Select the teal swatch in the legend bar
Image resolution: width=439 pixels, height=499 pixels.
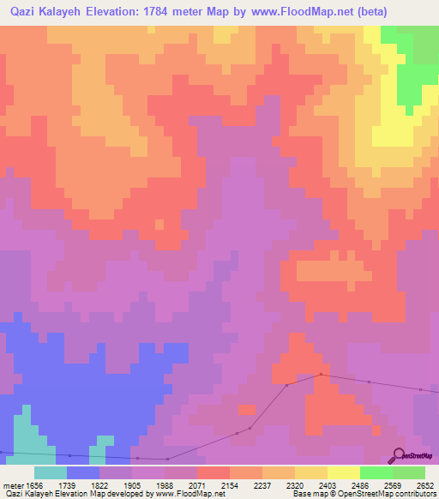coord(51,472)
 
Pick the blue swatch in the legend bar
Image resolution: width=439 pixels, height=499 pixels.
coord(83,472)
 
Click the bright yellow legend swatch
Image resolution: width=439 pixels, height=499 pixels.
coord(344,472)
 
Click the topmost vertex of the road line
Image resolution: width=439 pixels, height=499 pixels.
coord(321,374)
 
